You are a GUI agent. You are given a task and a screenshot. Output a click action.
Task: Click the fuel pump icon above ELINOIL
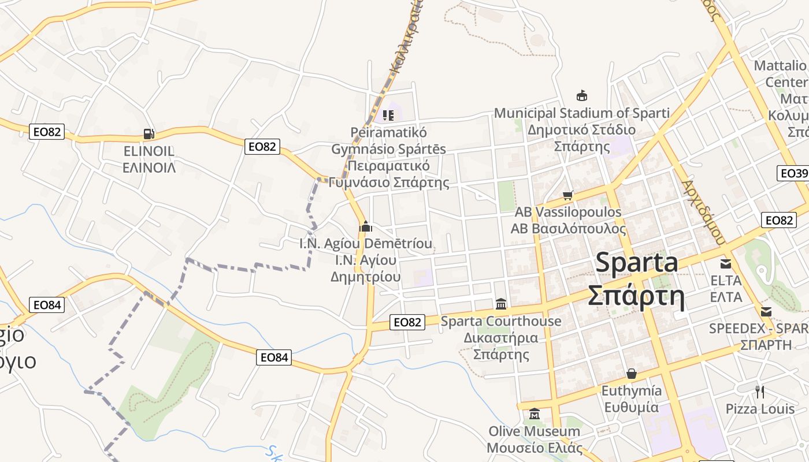tap(149, 134)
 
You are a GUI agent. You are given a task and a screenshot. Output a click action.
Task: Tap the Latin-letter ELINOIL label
tap(149, 151)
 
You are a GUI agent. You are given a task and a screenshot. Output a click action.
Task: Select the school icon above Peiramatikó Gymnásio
tap(388, 115)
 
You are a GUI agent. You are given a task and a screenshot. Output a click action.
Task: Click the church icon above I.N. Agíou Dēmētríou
tap(365, 226)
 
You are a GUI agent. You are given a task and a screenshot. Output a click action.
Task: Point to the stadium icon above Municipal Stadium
tap(582, 95)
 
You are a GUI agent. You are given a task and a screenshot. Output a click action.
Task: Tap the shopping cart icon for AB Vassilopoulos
tap(568, 195)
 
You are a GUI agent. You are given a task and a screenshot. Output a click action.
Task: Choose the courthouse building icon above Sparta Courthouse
tap(501, 304)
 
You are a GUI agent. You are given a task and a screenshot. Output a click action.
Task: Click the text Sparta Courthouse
tap(501, 321)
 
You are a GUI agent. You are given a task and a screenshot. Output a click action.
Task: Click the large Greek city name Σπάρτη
tap(636, 296)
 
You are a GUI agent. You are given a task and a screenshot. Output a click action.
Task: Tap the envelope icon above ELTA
tap(726, 264)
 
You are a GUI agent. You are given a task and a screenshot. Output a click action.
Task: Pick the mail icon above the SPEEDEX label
tap(766, 312)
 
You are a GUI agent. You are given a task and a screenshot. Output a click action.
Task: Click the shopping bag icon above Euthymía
tap(632, 374)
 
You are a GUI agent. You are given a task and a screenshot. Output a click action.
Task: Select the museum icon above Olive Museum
tap(535, 414)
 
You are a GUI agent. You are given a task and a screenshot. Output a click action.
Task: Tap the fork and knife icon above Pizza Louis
tap(760, 392)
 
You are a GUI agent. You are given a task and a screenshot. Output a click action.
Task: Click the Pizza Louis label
tap(760, 409)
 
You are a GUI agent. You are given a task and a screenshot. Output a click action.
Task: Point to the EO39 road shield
tap(793, 173)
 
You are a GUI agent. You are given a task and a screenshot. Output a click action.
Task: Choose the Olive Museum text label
tap(535, 431)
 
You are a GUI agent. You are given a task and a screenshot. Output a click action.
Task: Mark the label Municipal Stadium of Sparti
tap(582, 113)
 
